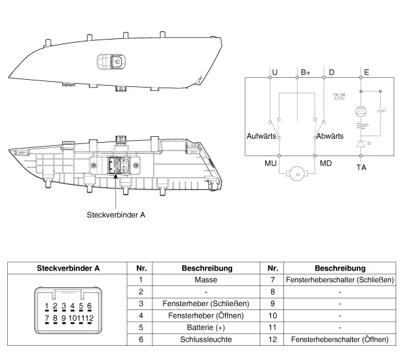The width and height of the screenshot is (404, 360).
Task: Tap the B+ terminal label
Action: coord(306,72)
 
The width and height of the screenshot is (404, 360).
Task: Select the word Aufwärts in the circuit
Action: coord(261,137)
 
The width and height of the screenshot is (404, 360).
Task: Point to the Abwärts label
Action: coord(330,137)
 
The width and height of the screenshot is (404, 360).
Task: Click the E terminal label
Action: coord(367,72)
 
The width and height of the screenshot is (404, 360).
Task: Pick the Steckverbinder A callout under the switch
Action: coord(116,215)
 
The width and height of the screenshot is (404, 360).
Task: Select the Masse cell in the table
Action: coord(206,280)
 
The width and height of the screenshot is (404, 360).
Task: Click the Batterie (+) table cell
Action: coord(206,327)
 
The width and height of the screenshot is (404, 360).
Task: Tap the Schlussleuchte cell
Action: coord(206,339)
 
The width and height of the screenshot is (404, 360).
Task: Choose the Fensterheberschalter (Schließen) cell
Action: coord(340,280)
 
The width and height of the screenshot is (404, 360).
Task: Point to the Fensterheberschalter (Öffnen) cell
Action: coord(340,339)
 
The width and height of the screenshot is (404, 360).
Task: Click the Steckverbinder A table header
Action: coord(68,268)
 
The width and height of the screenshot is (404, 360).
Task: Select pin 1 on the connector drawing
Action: coord(47,306)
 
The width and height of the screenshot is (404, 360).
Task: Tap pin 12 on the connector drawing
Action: coord(90,318)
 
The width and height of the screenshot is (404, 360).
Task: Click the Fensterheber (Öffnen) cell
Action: coord(206,315)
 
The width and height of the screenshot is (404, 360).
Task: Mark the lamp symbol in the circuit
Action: coord(361,111)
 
